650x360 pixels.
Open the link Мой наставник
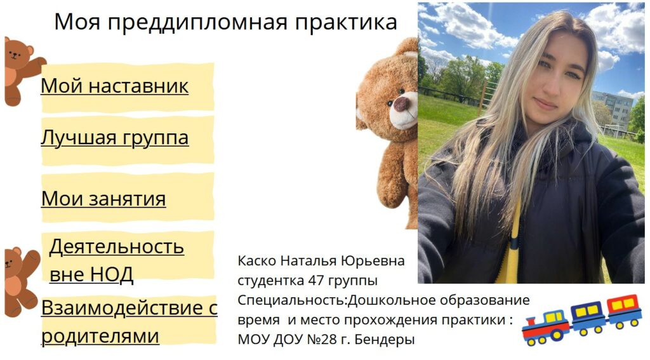(114, 86)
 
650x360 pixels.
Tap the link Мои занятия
(103, 199)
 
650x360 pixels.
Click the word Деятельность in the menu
(117, 246)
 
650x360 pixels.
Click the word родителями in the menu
(100, 336)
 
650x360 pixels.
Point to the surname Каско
(257, 261)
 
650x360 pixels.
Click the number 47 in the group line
(316, 281)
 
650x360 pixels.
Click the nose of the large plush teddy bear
(401, 103)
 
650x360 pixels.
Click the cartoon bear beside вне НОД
(21, 282)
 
